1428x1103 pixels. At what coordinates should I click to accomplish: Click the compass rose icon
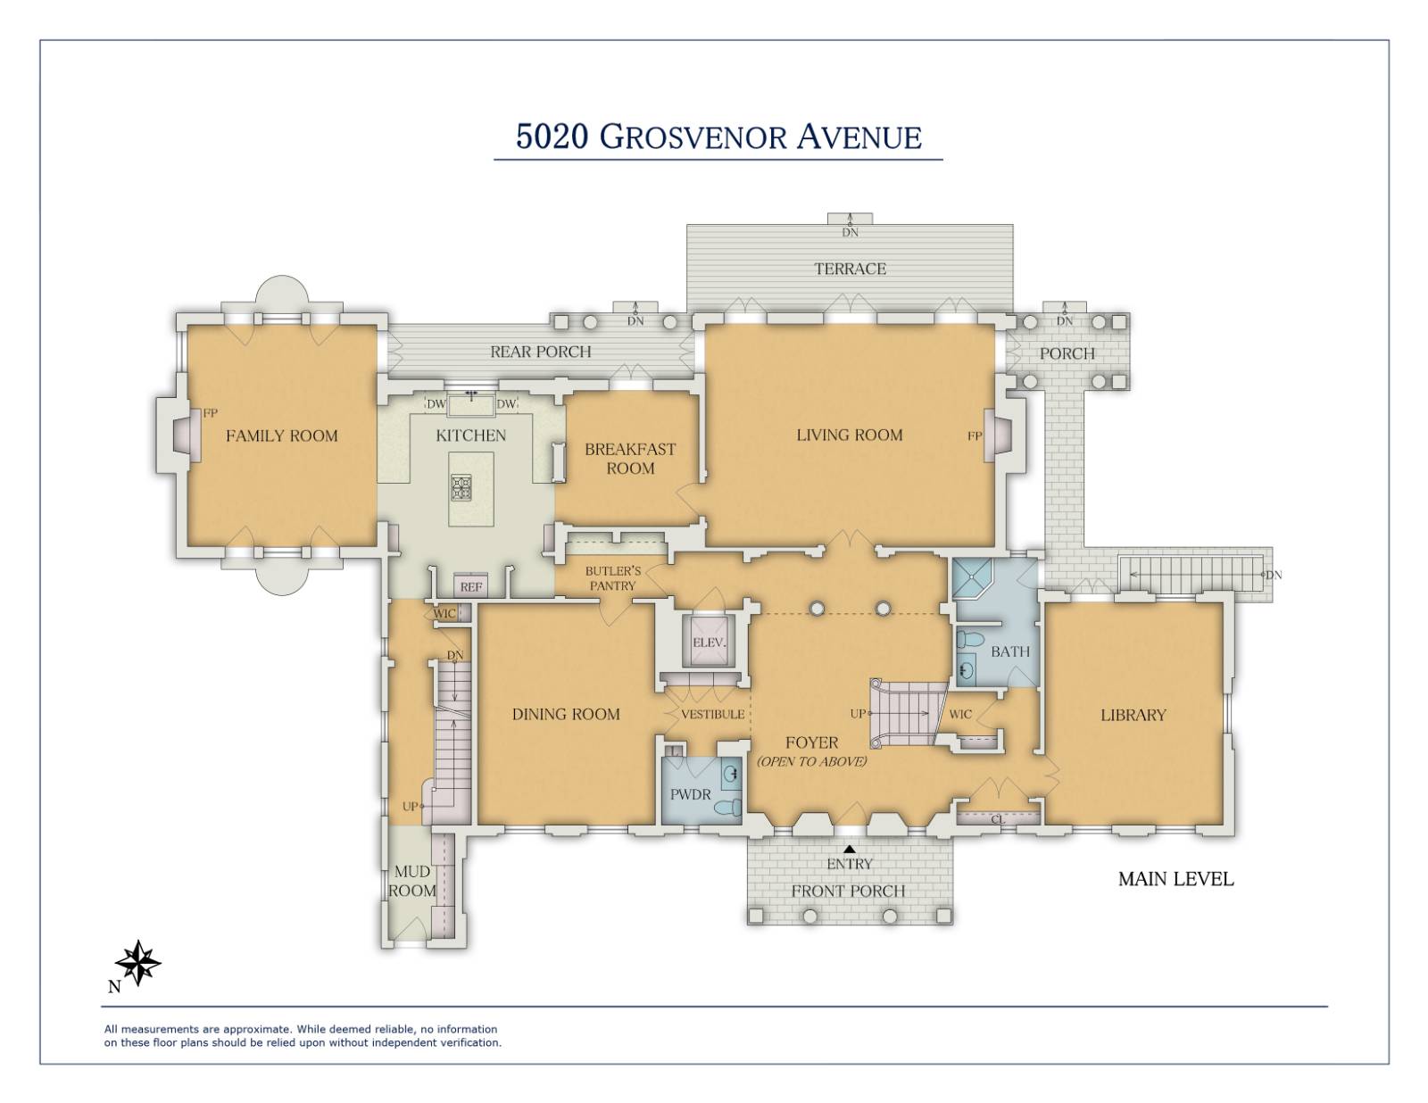coord(138,963)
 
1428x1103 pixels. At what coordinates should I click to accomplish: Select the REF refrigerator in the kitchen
coord(470,586)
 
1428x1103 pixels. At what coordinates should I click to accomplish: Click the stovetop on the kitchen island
coord(461,487)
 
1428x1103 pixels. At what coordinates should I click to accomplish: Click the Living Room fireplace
coord(993,435)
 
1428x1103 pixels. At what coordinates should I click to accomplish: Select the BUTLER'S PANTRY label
coord(612,578)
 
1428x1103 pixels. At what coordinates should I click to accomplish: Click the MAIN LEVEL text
coord(1175,879)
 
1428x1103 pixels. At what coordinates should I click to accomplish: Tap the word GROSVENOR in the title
coord(693,137)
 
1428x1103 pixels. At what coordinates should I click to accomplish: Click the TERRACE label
coord(850,269)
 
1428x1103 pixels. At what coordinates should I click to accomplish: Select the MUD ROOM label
coord(411,881)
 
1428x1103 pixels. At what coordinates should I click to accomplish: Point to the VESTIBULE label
coord(712,714)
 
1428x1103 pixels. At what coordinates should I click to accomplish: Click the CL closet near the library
coord(997,818)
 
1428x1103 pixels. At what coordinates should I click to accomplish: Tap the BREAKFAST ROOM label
coord(630,459)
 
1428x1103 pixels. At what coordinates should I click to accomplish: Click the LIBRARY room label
coord(1133,715)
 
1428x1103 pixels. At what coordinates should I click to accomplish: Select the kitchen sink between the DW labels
coord(471,404)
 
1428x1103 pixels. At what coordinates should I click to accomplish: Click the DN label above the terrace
coord(850,232)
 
